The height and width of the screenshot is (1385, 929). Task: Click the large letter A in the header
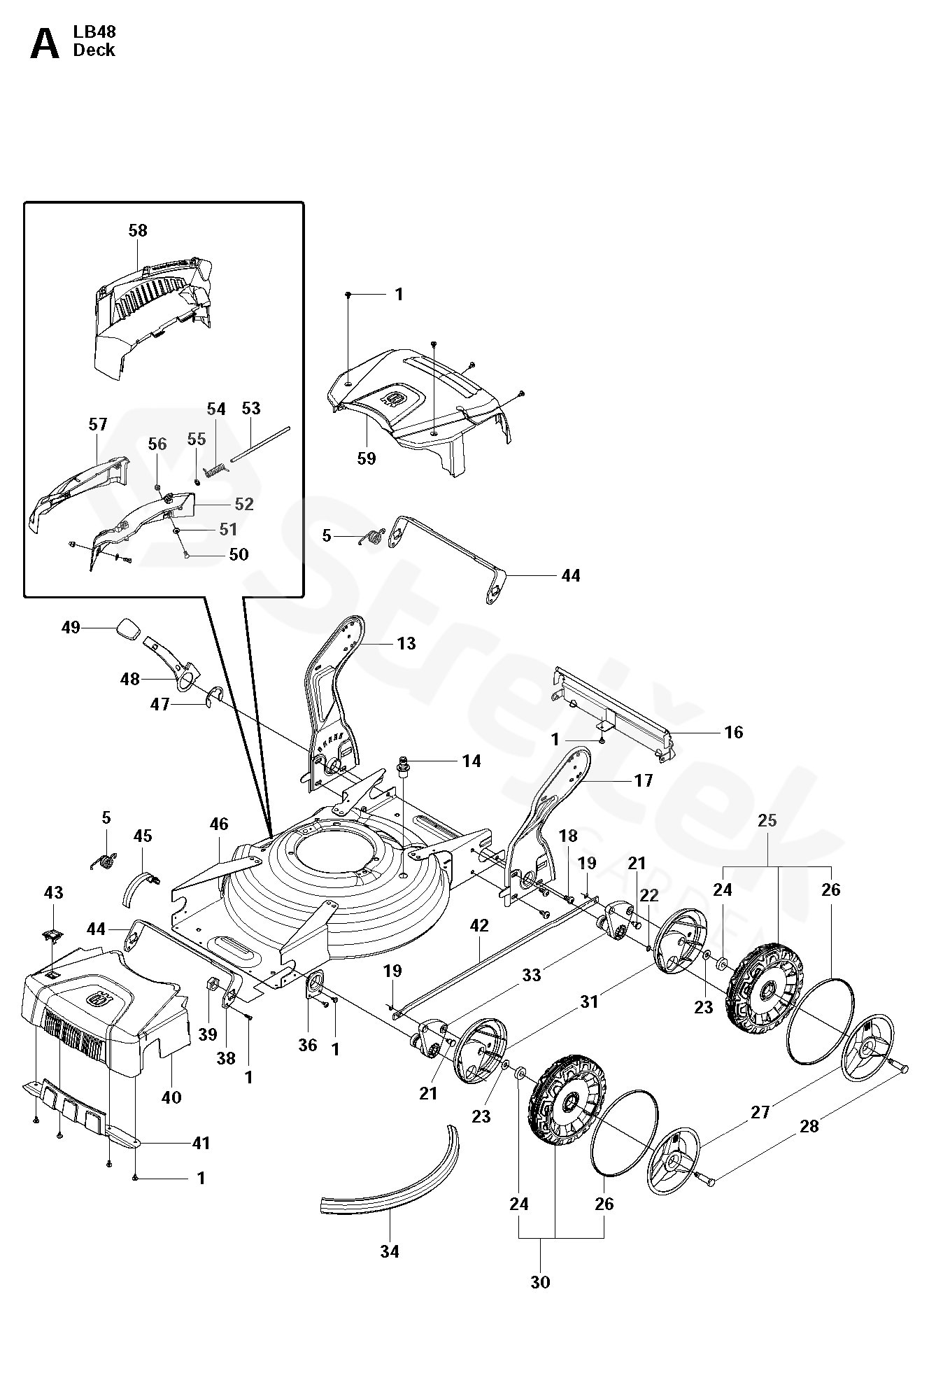(45, 45)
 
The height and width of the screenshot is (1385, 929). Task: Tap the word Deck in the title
(94, 50)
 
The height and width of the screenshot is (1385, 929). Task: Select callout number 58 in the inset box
(138, 230)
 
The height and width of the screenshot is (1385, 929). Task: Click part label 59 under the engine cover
(366, 458)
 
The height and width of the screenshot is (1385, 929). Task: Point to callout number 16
(733, 732)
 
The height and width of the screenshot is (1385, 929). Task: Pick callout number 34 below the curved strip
(390, 1251)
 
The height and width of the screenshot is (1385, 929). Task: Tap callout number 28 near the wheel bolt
(809, 1126)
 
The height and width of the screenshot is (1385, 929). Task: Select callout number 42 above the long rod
(479, 925)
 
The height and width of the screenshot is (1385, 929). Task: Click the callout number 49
(71, 627)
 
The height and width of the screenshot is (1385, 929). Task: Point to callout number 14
(471, 761)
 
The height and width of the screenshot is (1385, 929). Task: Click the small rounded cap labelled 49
(128, 627)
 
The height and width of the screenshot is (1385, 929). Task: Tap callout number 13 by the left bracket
(406, 643)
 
